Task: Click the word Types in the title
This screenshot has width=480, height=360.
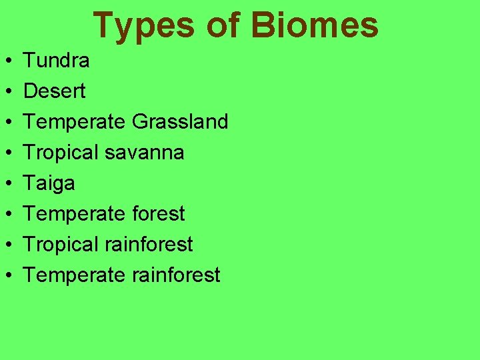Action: [x=143, y=25]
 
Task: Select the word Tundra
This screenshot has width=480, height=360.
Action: [x=57, y=61]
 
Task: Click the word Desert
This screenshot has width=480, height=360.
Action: [x=55, y=91]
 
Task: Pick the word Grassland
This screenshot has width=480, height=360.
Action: [x=180, y=122]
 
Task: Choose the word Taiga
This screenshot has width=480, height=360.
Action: [x=49, y=183]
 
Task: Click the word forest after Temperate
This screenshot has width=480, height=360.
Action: [x=155, y=213]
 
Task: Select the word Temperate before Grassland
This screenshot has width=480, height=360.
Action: [x=75, y=122]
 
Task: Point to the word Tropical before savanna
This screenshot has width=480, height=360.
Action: [x=62, y=153]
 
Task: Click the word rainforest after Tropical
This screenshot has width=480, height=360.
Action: [x=149, y=244]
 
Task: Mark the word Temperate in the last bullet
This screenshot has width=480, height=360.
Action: [x=75, y=275]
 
